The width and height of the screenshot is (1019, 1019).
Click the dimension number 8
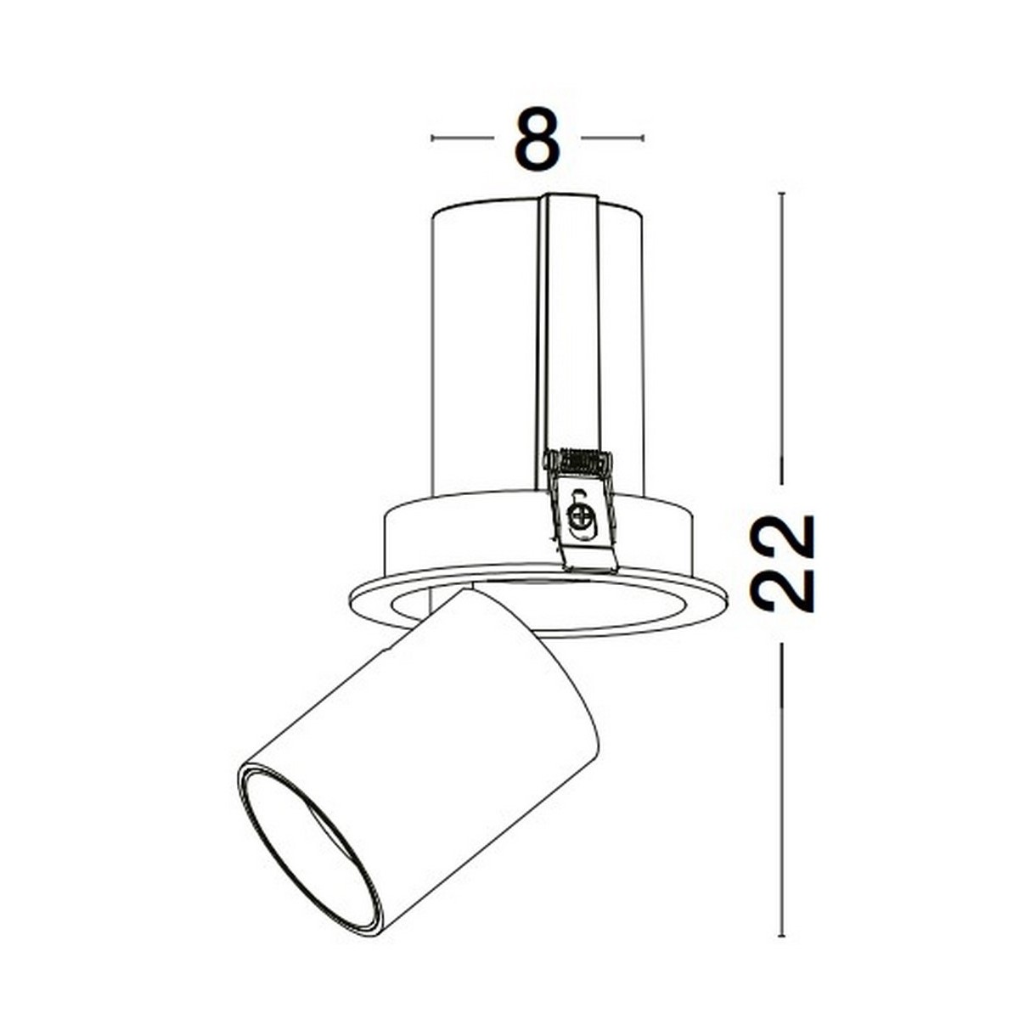pos(538,138)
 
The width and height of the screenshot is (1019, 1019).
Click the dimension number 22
pos(782,563)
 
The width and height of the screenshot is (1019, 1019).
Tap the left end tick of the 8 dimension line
pos(432,138)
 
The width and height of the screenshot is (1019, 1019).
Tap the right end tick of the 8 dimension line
pos(643,138)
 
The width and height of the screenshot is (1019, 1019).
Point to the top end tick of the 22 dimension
pos(782,194)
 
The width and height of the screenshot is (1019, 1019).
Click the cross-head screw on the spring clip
pos(581,515)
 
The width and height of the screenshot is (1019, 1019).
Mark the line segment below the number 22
pos(782,790)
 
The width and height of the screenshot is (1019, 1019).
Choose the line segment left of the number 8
pos(464,138)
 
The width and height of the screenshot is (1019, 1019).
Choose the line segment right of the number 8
pos(611,138)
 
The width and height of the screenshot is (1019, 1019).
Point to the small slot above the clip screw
pos(579,495)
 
